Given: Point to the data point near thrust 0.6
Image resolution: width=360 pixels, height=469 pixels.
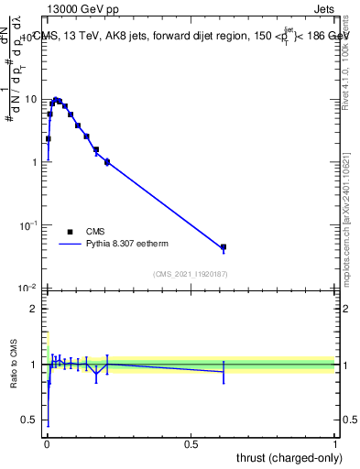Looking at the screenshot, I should tap(223, 247).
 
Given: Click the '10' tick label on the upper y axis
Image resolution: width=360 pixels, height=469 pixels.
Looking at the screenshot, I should tap(31, 99).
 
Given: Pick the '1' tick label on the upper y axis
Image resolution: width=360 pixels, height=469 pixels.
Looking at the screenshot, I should tap(35, 162).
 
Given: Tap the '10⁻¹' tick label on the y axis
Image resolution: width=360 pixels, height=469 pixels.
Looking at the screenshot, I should tap(29, 224).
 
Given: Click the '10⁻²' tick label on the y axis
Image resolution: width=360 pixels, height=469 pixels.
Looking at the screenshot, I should tap(29, 288).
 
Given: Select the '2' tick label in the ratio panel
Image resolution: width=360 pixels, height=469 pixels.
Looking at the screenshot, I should tap(35, 309).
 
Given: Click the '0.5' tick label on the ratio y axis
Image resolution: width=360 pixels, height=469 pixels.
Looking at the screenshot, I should tap(30, 420).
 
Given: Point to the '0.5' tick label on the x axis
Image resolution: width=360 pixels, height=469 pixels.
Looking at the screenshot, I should tap(191, 443).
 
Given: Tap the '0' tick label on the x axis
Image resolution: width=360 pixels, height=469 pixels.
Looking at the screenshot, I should tap(47, 443).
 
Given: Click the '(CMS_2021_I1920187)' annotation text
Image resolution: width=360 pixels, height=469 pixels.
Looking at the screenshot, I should tap(190, 274).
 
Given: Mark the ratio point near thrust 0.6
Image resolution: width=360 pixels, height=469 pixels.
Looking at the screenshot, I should tap(223, 371).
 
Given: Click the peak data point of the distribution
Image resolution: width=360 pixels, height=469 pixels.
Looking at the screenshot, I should tap(55, 100).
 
